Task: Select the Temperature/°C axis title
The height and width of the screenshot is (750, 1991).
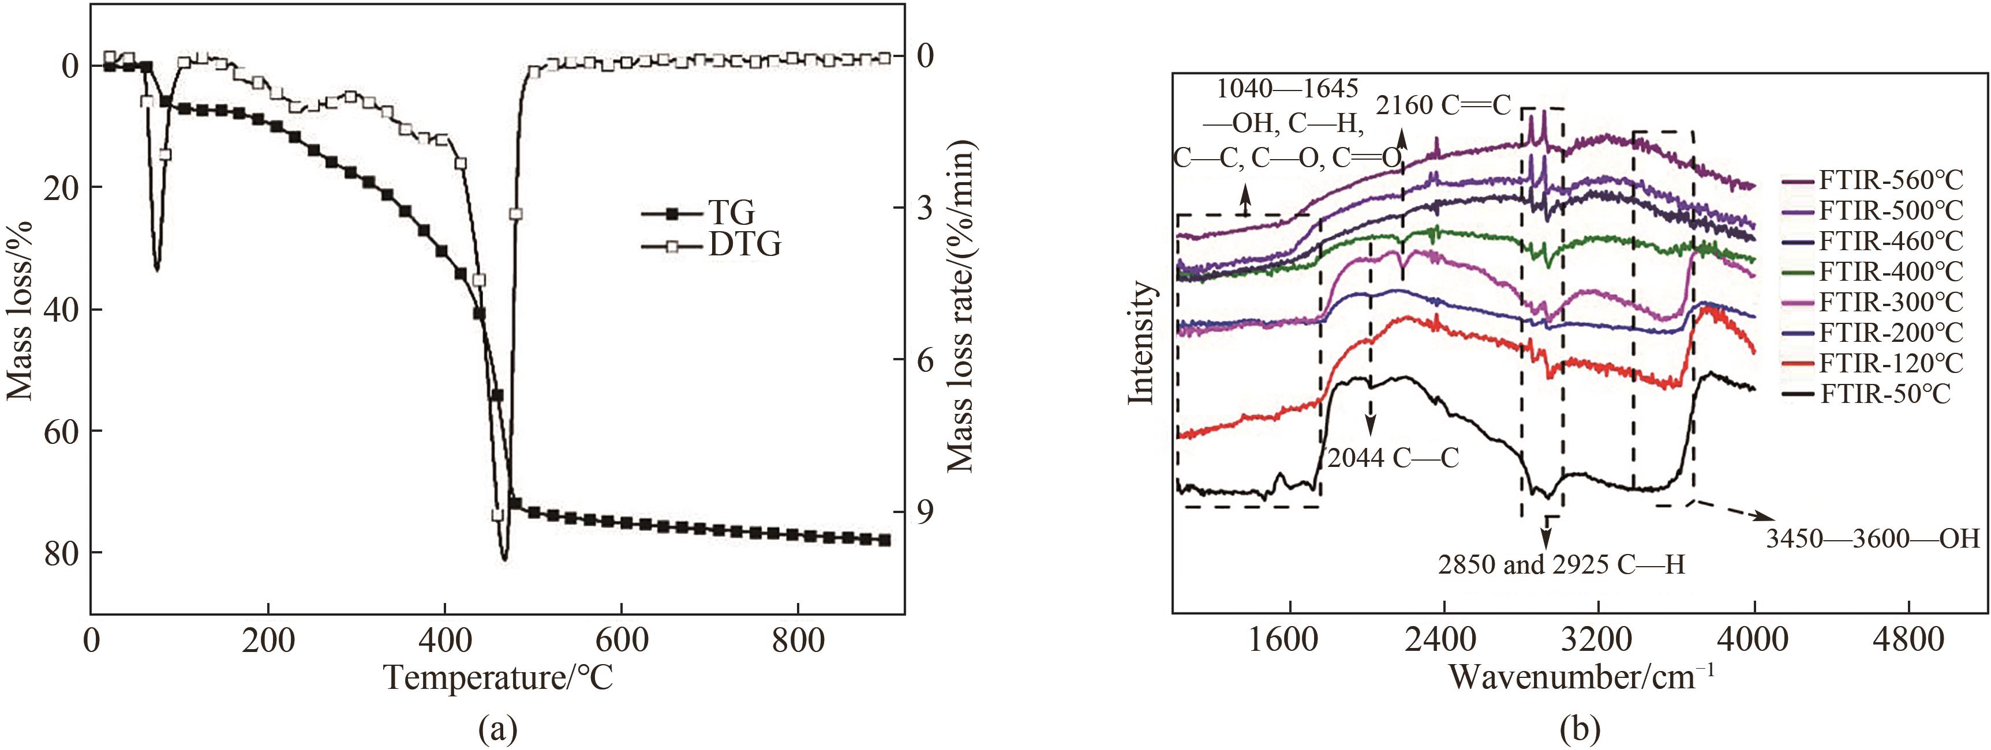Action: pyautogui.click(x=499, y=678)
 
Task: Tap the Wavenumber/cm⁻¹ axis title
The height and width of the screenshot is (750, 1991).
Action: pyautogui.click(x=1581, y=677)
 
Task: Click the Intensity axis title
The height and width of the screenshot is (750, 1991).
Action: pyautogui.click(x=1141, y=342)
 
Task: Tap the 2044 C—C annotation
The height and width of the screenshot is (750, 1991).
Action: pyautogui.click(x=1394, y=458)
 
